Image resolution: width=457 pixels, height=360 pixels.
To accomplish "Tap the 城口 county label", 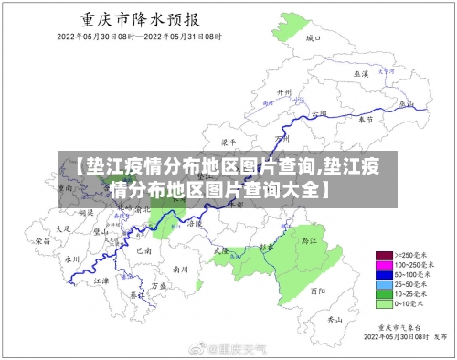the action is pyautogui.click(x=314, y=38).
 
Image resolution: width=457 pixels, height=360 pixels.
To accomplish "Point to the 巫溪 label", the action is pyautogui.click(x=361, y=73).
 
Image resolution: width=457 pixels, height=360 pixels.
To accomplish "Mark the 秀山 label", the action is pyautogui.click(x=335, y=321).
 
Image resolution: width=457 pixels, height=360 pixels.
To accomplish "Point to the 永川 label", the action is pyautogui.click(x=73, y=259).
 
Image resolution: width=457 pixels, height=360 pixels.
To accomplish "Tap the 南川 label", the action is pyautogui.click(x=180, y=270).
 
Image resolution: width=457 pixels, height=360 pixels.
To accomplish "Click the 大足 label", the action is pyautogui.click(x=63, y=228).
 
